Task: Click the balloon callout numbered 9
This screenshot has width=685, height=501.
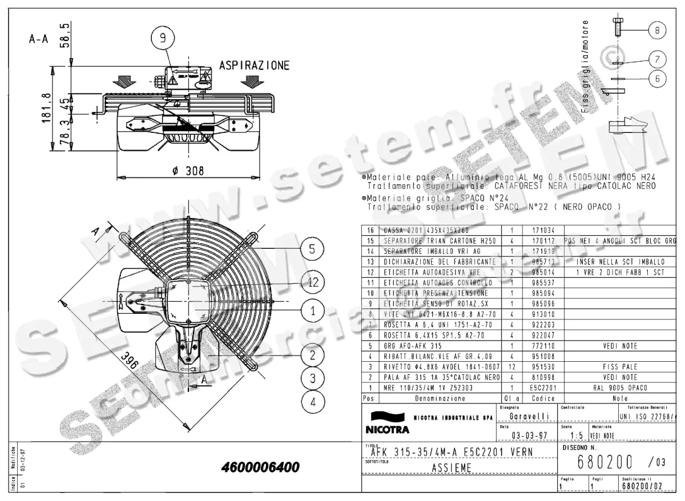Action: (x=163, y=38)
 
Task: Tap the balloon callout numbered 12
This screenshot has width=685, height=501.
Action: (x=313, y=282)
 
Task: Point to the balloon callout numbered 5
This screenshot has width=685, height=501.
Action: (x=313, y=249)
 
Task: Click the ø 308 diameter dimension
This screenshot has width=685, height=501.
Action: (x=188, y=171)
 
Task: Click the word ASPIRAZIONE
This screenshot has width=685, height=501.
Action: (x=254, y=65)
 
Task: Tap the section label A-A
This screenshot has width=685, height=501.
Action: (x=38, y=39)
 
